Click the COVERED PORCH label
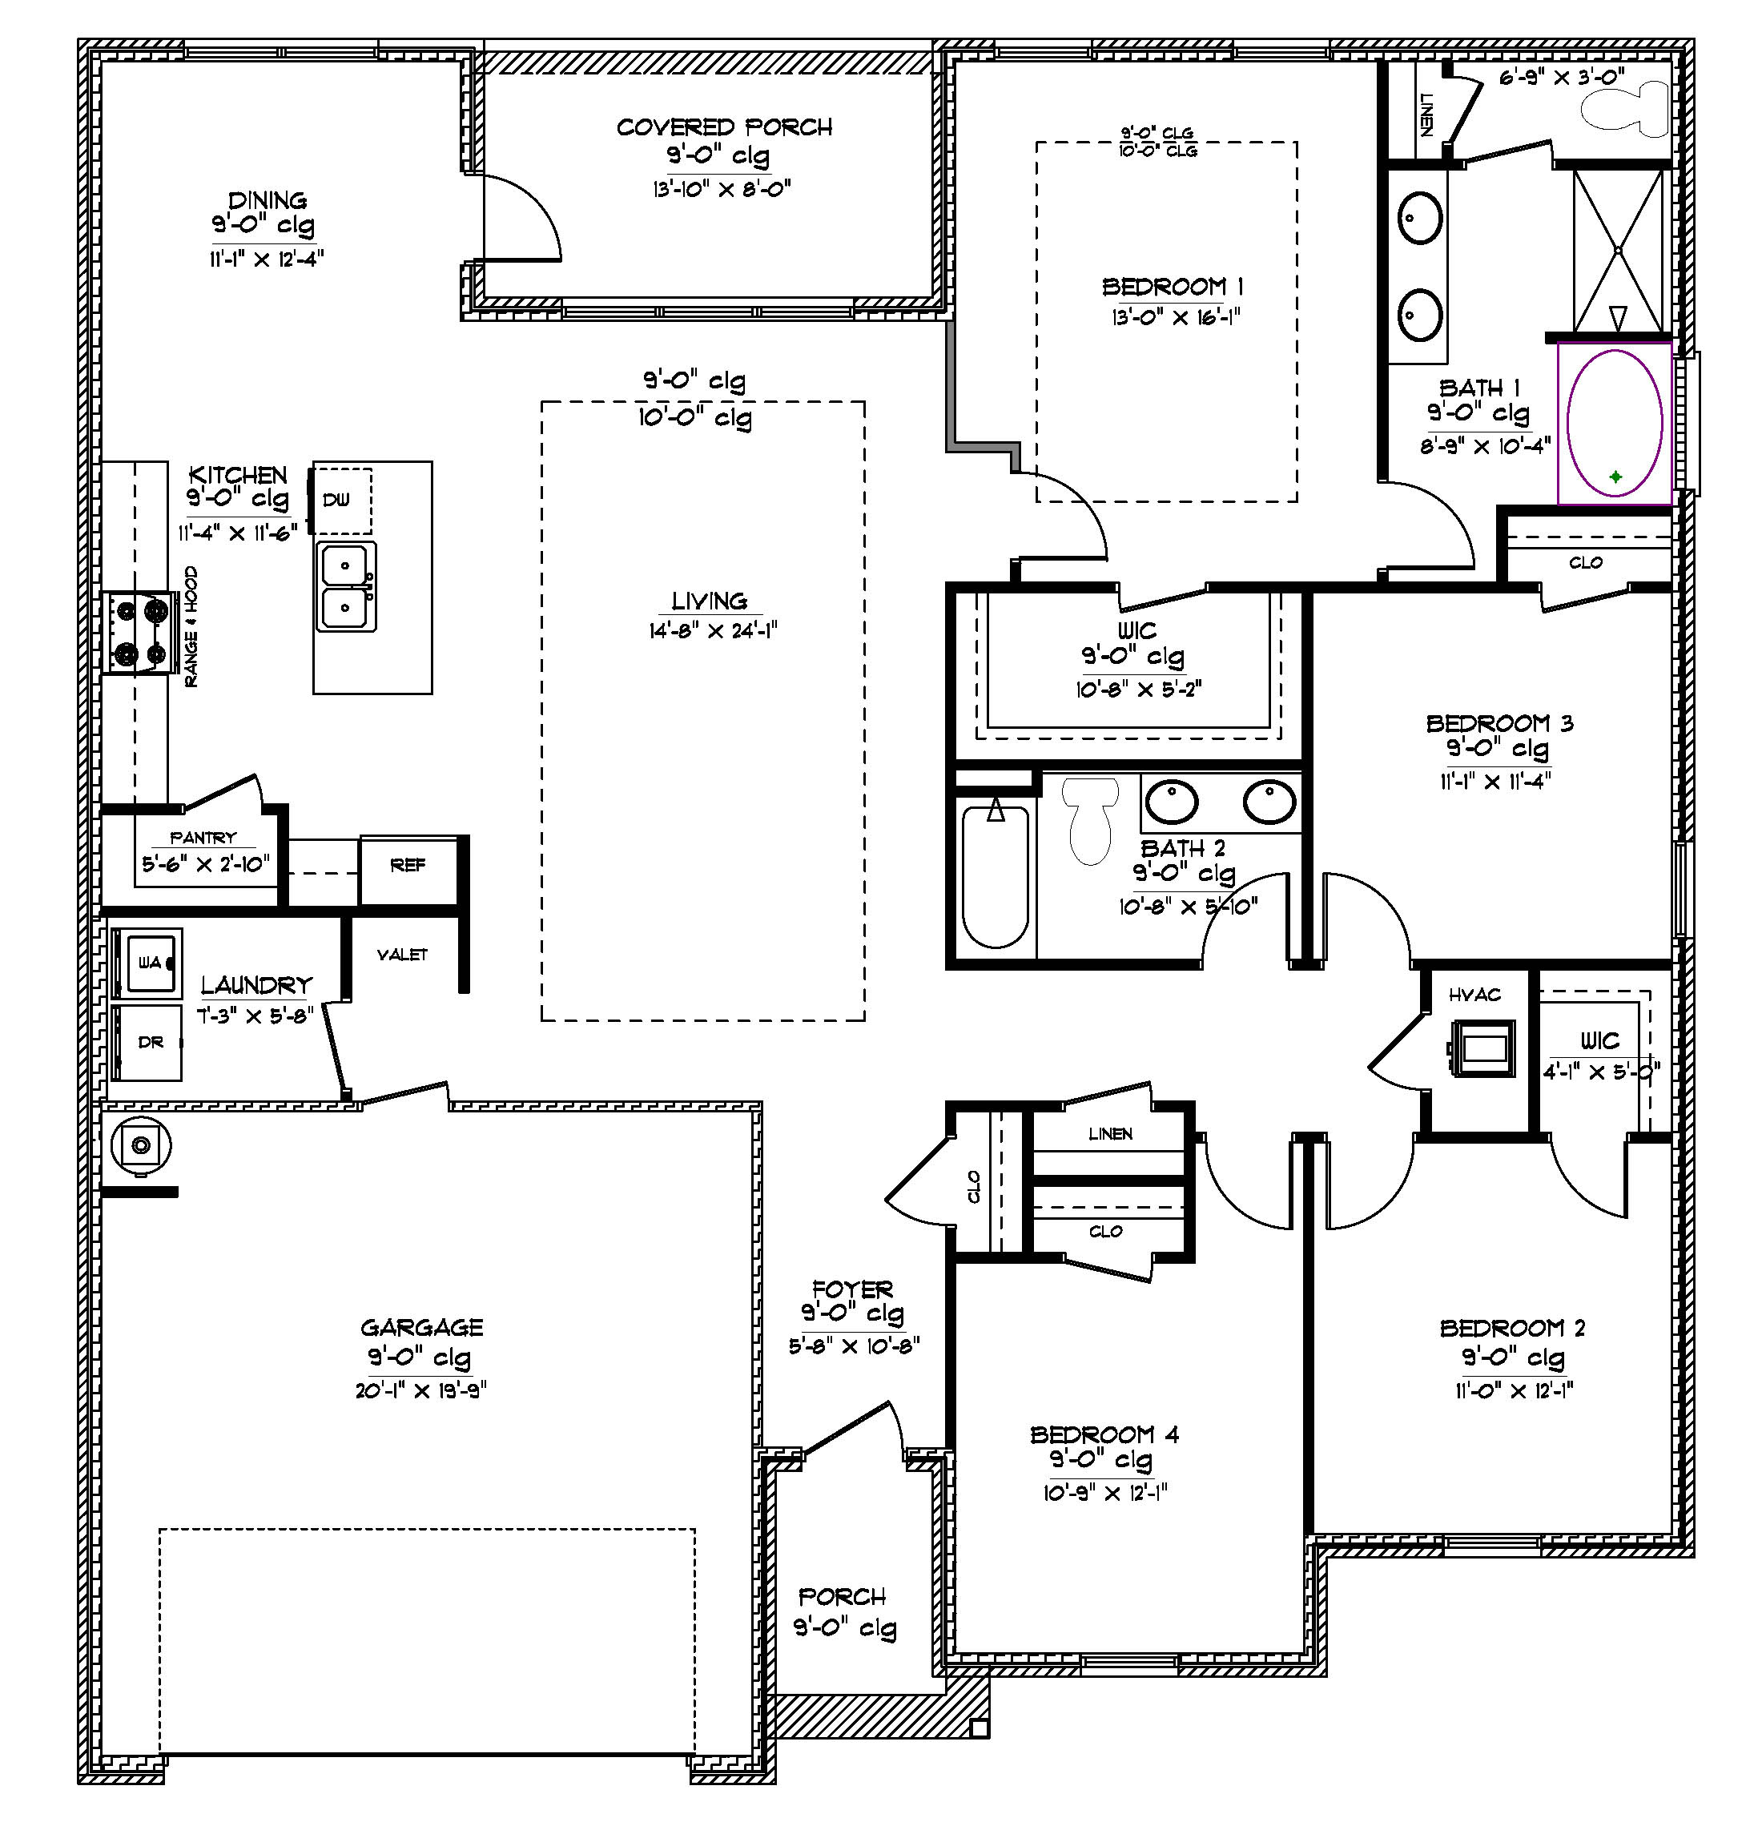[724, 127]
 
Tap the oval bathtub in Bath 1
[1615, 424]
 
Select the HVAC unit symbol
[1481, 1048]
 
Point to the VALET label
[401, 955]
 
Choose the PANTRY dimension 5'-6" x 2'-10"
[205, 863]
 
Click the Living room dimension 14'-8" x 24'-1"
[713, 631]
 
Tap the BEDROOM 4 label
[1104, 1434]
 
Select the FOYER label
[851, 1289]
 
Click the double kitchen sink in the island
[346, 587]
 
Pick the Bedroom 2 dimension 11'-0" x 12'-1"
[1513, 1391]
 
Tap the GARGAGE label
[421, 1328]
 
